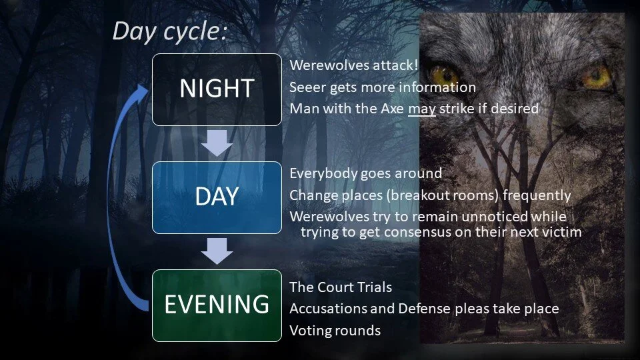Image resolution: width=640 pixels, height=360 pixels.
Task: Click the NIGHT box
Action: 217,89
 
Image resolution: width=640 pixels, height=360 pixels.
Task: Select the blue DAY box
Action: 217,197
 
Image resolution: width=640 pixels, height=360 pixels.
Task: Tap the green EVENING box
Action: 217,305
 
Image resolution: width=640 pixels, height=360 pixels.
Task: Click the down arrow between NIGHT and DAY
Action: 217,143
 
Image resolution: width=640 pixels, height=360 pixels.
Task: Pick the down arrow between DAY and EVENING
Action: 217,251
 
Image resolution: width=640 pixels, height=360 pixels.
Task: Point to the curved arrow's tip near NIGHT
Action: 145,88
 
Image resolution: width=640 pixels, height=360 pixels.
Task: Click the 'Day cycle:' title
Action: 169,31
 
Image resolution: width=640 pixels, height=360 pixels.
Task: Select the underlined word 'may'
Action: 422,109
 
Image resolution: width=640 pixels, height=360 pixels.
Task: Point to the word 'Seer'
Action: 304,87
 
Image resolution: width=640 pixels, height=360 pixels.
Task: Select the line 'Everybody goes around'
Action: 365,174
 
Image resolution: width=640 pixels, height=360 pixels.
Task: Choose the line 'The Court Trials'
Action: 341,287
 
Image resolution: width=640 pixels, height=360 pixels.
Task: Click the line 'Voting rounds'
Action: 335,330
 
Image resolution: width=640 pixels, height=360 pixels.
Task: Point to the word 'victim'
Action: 561,232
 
